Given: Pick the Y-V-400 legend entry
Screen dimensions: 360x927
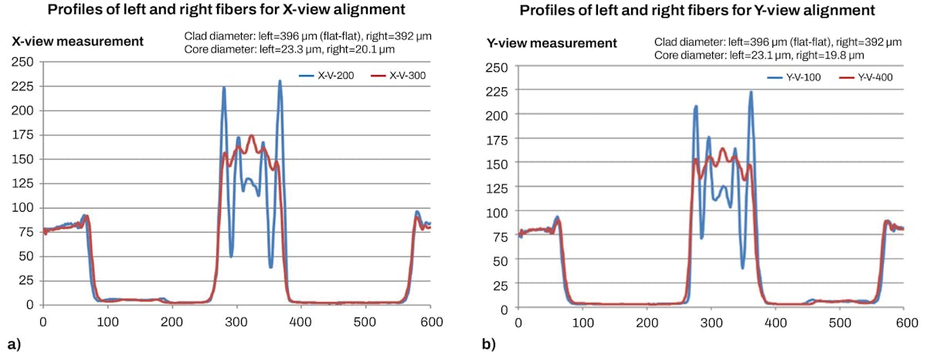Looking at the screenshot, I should pyautogui.click(x=872, y=78).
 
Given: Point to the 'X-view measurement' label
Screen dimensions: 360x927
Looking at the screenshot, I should pyautogui.click(x=77, y=41).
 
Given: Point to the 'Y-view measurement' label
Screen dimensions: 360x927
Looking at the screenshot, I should pyautogui.click(x=552, y=42).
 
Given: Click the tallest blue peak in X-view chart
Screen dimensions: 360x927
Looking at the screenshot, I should pyautogui.click(x=280, y=81).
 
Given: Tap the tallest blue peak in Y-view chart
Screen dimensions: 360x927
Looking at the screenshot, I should pyautogui.click(x=751, y=92).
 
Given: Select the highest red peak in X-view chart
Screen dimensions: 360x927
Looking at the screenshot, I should pyautogui.click(x=251, y=135).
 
